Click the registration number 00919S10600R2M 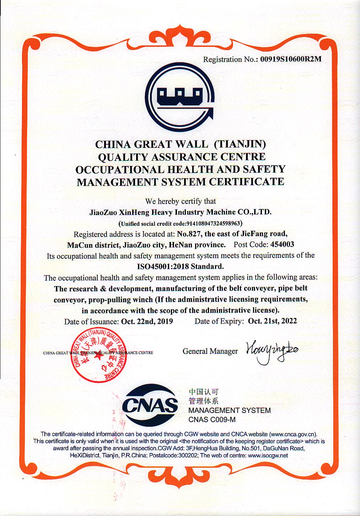click(x=291, y=59)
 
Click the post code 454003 click(x=282, y=244)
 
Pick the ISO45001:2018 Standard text click(x=180, y=266)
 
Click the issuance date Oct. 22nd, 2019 click(x=147, y=321)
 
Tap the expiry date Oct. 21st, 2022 click(x=272, y=321)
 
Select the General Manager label click(x=210, y=351)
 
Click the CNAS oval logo click(x=150, y=405)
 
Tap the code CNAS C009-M click(x=212, y=420)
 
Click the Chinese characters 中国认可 click(x=203, y=392)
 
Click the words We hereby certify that click(x=180, y=201)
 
